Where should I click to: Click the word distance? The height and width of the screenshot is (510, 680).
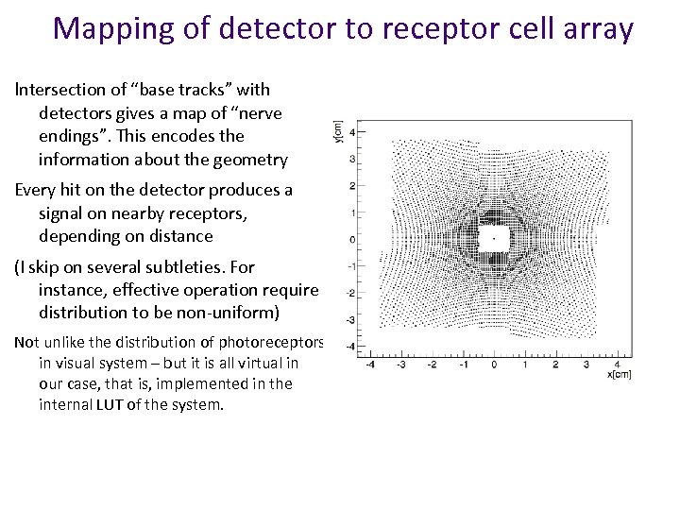pos(178,236)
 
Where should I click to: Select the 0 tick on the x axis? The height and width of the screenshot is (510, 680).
pos(494,364)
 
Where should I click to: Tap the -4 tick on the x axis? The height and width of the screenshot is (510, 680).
pos(370,364)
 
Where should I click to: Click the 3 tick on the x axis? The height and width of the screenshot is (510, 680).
pos(586,364)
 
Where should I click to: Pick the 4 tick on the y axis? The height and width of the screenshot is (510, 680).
pos(351,131)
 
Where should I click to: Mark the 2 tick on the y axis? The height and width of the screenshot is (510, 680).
pos(351,185)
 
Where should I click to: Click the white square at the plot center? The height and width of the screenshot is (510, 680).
pos(494,238)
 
